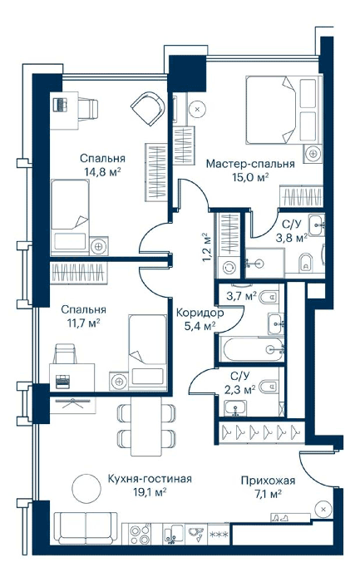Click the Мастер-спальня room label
250,164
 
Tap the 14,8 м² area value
103,172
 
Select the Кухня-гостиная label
150,479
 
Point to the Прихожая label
268,481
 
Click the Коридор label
200,313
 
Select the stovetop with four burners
140,535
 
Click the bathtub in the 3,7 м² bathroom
252,349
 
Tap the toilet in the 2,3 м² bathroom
269,387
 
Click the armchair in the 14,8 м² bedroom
148,109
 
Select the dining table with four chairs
146,426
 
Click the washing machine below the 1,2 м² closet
229,267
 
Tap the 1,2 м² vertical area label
206,248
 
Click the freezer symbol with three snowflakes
219,535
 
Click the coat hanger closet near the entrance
261,432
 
